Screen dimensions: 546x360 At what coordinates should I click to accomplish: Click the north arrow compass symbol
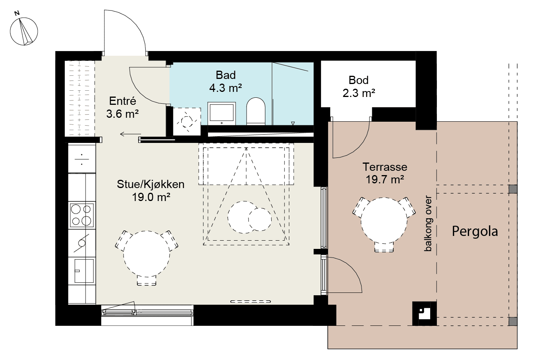click(24, 31)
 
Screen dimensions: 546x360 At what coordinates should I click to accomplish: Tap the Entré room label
click(122, 101)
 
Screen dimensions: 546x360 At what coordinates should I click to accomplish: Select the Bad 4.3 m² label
click(226, 81)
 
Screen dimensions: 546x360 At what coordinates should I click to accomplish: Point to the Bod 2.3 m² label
click(359, 86)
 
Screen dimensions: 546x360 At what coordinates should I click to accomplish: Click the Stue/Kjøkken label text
click(151, 184)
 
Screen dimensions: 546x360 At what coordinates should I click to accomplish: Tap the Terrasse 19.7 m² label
click(385, 173)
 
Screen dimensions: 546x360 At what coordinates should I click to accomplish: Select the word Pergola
click(475, 231)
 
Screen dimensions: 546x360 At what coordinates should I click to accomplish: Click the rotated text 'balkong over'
click(428, 223)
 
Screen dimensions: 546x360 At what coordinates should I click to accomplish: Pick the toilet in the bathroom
click(256, 111)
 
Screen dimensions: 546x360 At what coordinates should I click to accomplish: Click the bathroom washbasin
click(221, 113)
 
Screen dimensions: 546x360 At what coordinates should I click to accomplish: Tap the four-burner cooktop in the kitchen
click(82, 215)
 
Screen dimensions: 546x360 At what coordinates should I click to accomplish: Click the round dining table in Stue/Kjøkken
click(146, 254)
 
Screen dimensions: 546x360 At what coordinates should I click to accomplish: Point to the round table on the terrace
click(384, 221)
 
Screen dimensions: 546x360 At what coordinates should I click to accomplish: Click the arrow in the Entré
click(130, 134)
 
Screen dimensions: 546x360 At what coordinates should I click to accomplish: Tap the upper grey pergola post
click(513, 189)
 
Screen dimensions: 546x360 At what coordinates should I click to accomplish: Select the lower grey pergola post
click(513, 321)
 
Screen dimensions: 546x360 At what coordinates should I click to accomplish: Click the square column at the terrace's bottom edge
click(424, 314)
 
